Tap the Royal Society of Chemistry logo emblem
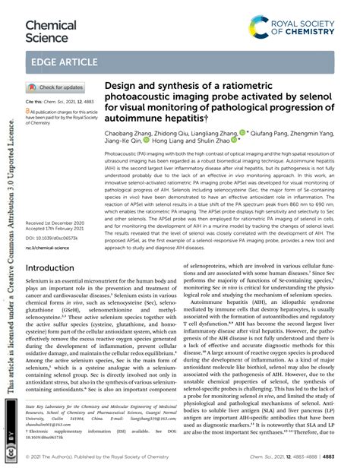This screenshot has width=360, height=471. [x=259, y=28]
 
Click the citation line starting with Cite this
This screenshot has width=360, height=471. [x=61, y=102]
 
